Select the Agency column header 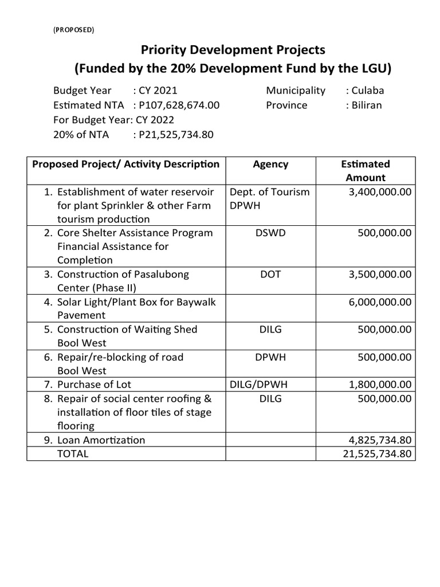(270, 165)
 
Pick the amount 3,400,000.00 (380, 192)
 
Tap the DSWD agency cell (270, 233)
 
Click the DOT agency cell (270, 275)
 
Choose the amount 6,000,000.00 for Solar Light (380, 302)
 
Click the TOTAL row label (73, 454)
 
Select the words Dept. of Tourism (269, 192)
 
